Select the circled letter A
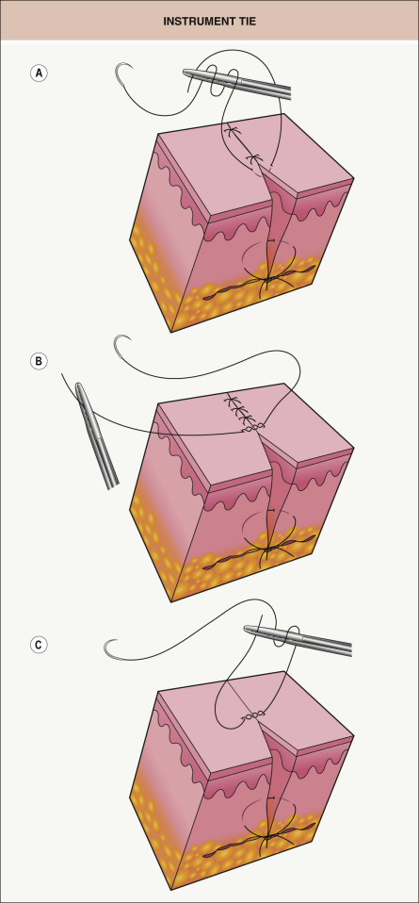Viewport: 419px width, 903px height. [x=40, y=74]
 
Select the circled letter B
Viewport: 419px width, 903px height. [x=40, y=361]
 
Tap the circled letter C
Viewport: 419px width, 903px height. [x=40, y=645]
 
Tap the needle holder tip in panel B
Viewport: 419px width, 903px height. [x=78, y=386]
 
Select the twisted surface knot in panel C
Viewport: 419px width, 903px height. [x=252, y=715]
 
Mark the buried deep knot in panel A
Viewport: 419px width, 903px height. [x=267, y=281]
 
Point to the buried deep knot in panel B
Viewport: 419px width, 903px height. [x=267, y=550]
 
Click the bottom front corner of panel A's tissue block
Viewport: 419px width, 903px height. [x=171, y=333]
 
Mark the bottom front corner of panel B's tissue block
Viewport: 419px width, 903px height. [x=171, y=601]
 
